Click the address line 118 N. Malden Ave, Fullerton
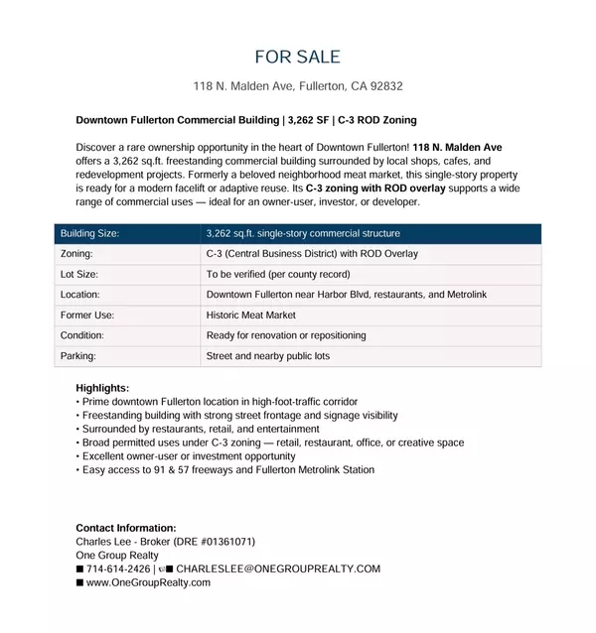297,86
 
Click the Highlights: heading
102,388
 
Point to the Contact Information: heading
126,528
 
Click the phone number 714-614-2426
118,569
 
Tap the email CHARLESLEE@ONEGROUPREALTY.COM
278,569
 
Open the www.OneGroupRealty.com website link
148,582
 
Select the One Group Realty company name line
117,556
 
